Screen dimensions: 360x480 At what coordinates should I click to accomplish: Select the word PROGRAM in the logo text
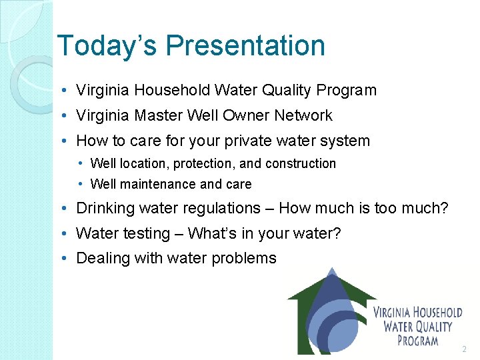pos(417,341)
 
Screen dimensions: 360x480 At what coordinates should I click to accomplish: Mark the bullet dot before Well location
pos(80,164)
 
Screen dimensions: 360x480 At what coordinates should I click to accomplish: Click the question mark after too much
pos(444,209)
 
